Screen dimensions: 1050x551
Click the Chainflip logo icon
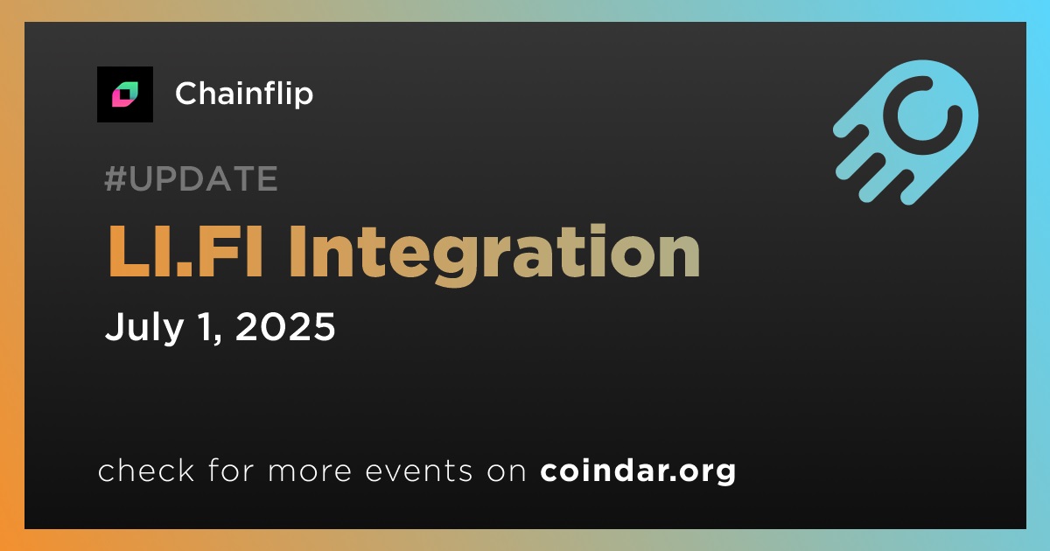125,94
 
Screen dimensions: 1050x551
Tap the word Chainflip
244,94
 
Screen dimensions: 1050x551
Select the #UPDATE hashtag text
192,178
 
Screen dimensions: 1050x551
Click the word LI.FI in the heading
185,252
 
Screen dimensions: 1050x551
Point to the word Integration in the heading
494,255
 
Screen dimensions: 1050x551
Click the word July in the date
143,327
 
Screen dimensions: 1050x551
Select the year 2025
285,326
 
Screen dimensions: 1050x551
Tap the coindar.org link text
638,471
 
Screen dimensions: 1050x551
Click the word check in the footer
146,470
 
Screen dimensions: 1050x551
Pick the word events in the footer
418,471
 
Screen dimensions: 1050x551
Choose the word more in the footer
310,471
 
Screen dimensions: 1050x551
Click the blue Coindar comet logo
906,132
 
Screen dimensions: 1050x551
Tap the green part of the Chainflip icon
129,90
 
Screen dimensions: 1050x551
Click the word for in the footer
231,470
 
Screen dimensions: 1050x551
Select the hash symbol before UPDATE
114,178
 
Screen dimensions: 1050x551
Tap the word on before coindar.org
507,471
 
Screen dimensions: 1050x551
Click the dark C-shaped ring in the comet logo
922,108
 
